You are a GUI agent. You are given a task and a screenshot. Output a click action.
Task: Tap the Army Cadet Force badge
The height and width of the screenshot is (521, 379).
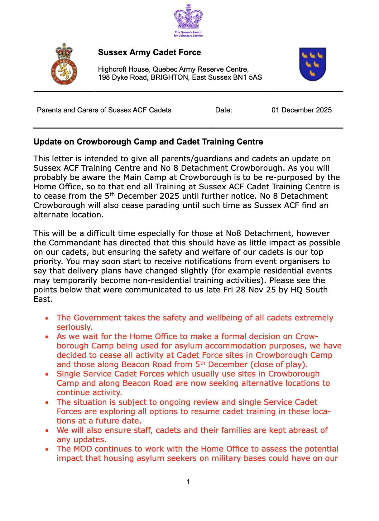click(x=64, y=65)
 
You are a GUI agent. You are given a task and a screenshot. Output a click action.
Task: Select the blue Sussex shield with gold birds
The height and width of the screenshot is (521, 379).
click(x=312, y=64)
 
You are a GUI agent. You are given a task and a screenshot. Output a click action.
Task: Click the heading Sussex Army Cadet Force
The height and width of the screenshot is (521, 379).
click(x=149, y=52)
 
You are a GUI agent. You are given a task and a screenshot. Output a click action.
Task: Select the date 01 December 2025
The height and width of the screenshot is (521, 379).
click(x=301, y=110)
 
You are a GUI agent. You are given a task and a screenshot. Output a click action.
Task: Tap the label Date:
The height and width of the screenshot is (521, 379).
click(x=223, y=110)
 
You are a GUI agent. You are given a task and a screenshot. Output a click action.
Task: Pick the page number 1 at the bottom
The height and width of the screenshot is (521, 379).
click(x=188, y=481)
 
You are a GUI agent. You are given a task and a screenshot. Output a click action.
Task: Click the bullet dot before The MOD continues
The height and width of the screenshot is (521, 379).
click(x=47, y=449)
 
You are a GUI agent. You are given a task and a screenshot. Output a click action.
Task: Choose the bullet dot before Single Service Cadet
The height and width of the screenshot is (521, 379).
click(x=47, y=374)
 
